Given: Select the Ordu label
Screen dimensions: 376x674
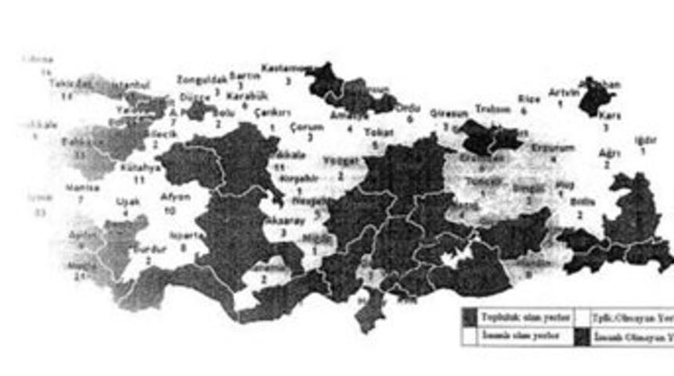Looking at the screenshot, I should point(409,108).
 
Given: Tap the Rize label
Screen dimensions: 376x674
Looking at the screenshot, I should point(528,99).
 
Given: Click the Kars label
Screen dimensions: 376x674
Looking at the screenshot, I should point(609,115).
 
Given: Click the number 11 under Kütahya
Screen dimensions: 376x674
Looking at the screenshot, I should point(140,179).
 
